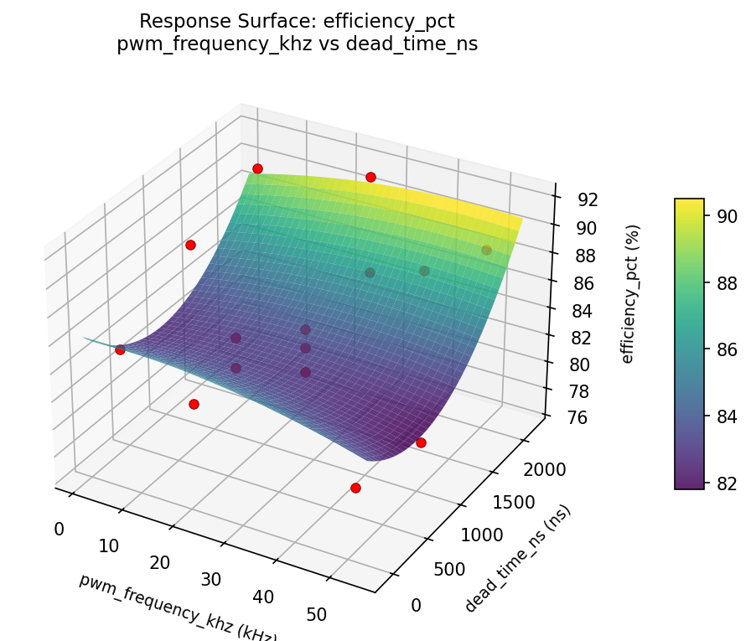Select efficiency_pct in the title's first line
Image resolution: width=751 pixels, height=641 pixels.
pos(396,21)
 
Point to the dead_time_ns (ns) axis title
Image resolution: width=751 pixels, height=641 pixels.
pos(517,558)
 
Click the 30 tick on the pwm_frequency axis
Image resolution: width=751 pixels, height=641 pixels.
pos(210,579)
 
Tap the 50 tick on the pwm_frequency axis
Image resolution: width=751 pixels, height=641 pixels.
pos(317,614)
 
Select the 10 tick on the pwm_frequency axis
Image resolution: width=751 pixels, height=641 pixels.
pos(108,546)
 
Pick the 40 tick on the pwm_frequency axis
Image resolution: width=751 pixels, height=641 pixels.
pos(263,597)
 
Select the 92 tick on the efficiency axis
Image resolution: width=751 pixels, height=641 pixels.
pos(587,199)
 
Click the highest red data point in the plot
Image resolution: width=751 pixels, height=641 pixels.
pos(257,168)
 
